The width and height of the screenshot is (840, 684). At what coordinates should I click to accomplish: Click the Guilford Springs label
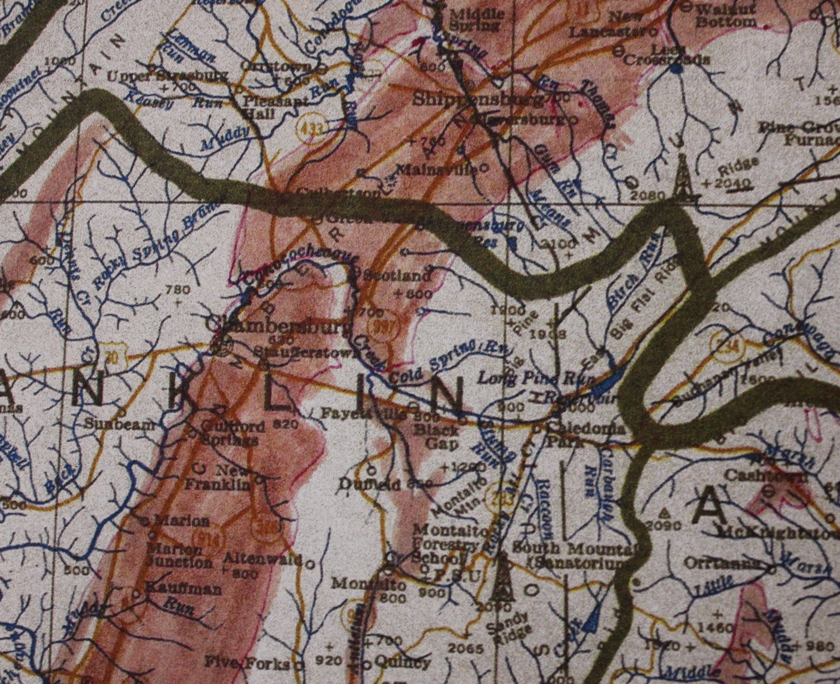coord(231,433)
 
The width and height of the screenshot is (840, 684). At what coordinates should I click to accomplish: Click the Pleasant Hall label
coord(275,107)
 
